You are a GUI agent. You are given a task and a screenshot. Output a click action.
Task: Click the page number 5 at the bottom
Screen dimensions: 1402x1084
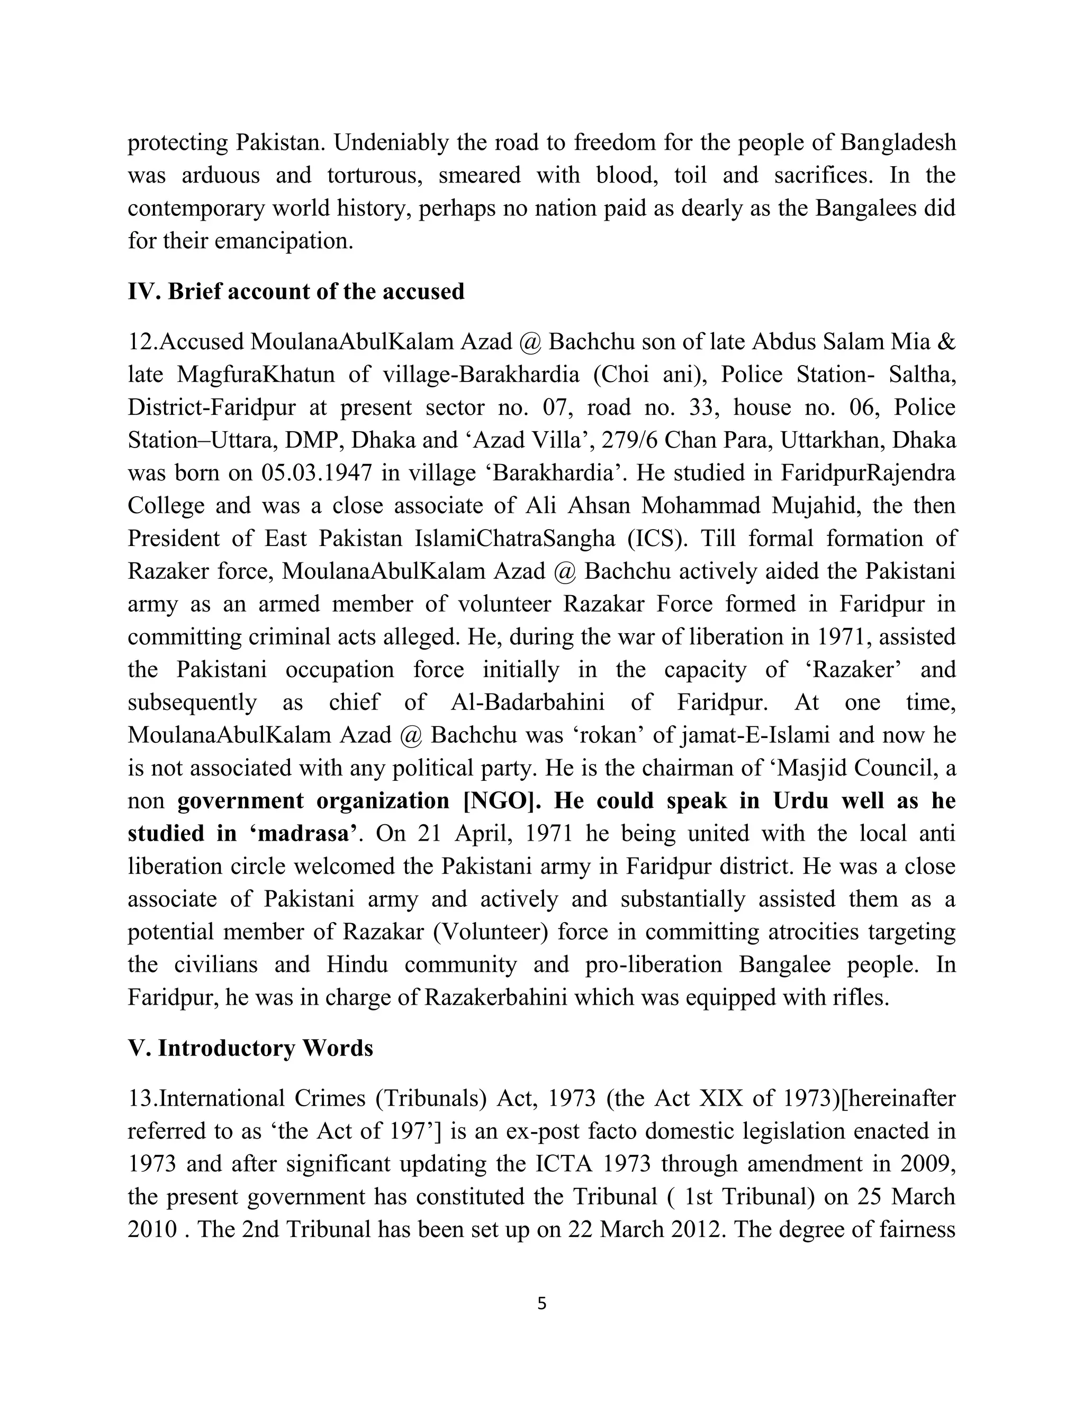[541, 1304]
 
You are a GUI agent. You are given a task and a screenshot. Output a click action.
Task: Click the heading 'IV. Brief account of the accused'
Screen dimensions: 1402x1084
[296, 292]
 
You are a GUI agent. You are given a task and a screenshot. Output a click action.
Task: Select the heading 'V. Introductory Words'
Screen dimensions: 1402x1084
[250, 1048]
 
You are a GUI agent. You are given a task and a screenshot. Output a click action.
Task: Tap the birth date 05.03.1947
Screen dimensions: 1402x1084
[317, 473]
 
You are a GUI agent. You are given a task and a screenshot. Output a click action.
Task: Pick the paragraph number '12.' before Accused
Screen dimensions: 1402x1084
[142, 342]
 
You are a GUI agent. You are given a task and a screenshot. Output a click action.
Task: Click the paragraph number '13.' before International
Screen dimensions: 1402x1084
[142, 1099]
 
